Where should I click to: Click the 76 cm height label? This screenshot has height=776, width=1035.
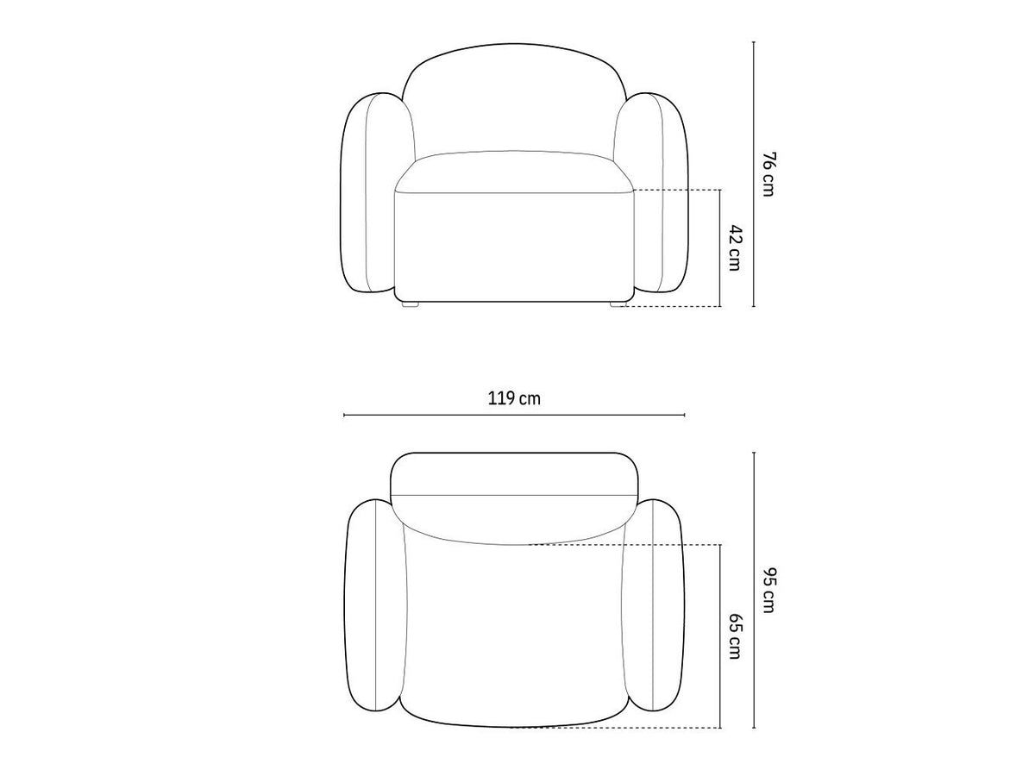pos(768,174)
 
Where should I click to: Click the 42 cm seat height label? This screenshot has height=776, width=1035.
pos(734,247)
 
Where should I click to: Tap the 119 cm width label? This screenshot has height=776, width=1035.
pos(514,398)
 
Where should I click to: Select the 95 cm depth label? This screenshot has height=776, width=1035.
pos(768,590)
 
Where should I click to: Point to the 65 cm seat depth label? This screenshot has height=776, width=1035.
pos(734,635)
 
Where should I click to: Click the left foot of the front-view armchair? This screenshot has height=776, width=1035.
pos(410,304)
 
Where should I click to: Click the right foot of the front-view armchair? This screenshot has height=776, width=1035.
pos(618,304)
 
